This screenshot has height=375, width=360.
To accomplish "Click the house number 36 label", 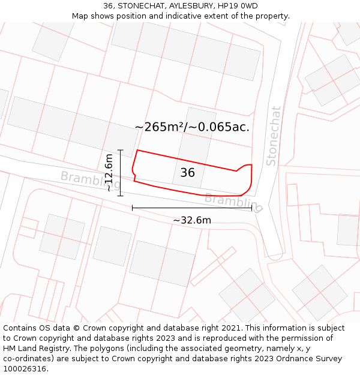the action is (x=188, y=173).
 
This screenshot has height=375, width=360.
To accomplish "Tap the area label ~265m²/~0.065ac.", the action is (x=192, y=127).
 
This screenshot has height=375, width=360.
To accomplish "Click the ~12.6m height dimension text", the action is (x=109, y=173).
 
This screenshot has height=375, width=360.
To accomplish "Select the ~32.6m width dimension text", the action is (x=192, y=220).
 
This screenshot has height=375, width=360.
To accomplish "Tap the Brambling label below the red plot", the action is (x=233, y=203).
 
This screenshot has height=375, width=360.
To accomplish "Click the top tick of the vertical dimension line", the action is (x=121, y=150).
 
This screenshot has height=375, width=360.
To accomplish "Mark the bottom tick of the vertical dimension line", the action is (x=121, y=196).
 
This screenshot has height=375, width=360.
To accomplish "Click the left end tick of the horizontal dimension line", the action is (x=132, y=208).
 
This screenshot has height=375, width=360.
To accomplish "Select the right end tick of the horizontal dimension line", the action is (x=252, y=208).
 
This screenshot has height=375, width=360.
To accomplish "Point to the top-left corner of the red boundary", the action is (x=138, y=150).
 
